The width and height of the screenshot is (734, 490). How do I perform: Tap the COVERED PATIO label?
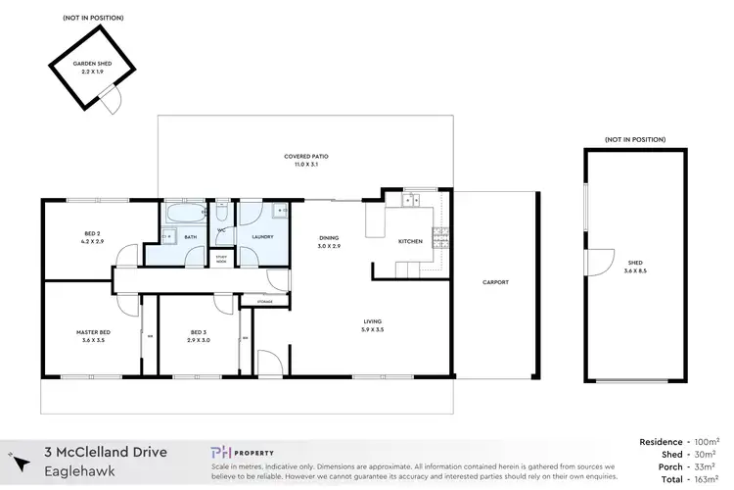tap(305, 156)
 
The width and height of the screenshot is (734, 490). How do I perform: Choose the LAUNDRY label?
tap(262, 236)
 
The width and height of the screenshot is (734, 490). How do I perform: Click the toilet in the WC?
tap(222, 213)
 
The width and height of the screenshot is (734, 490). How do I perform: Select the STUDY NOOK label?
tap(221, 261)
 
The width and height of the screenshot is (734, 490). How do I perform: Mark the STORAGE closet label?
tap(265, 301)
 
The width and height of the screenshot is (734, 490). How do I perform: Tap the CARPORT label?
tap(496, 283)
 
